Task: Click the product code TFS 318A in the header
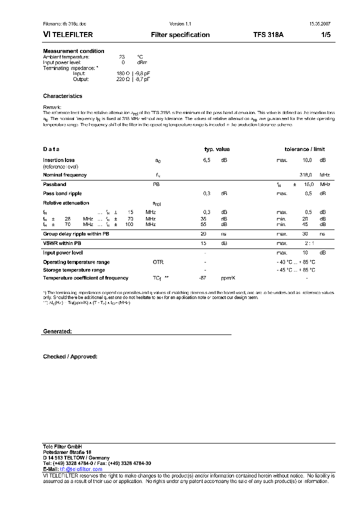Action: pyautogui.click(x=268, y=35)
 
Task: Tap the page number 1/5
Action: pyautogui.click(x=325, y=35)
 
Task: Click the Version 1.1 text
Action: pyautogui.click(x=180, y=24)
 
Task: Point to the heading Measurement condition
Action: pyautogui.click(x=73, y=51)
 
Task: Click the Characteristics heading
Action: pyautogui.click(x=62, y=96)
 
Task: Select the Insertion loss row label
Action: pyautogui.click(x=59, y=160)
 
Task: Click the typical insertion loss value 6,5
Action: pyautogui.click(x=206, y=160)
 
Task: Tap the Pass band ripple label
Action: pyautogui.click(x=62, y=193)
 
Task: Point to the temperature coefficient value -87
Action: pyautogui.click(x=202, y=278)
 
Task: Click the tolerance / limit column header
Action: pyautogui.click(x=304, y=149)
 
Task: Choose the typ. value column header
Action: pyautogui.click(x=216, y=149)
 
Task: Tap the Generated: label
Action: pyautogui.click(x=57, y=331)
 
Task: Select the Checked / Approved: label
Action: pyautogui.click(x=70, y=356)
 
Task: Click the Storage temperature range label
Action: pyautogui.click(x=74, y=270)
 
